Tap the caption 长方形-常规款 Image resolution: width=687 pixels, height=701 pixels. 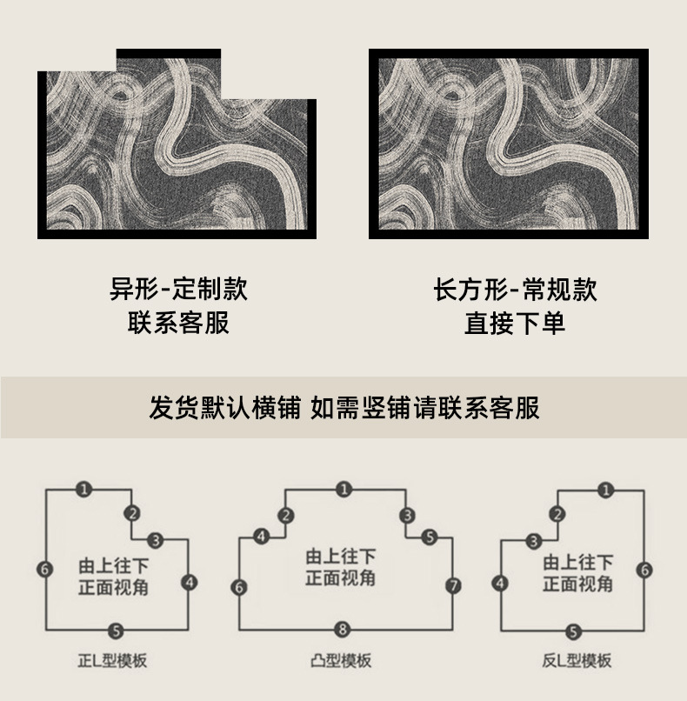515,289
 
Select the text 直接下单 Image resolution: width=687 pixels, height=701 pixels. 515,324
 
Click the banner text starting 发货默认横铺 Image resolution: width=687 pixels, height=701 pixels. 343,407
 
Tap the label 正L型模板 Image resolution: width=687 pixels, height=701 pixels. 119,660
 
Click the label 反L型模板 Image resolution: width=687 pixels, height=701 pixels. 571,660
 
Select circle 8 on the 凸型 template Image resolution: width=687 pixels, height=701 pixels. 343,628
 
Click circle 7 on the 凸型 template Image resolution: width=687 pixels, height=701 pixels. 453,586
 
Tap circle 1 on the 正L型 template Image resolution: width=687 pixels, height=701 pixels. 83,490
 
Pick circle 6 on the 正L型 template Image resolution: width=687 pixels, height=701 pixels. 45,569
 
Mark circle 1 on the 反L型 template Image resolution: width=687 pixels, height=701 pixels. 605,490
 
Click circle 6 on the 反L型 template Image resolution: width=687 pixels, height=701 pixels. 644,570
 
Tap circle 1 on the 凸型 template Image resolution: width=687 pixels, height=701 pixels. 343,490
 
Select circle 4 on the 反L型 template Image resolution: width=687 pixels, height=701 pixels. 500,583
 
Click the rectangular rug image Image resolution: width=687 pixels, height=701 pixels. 509,144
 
